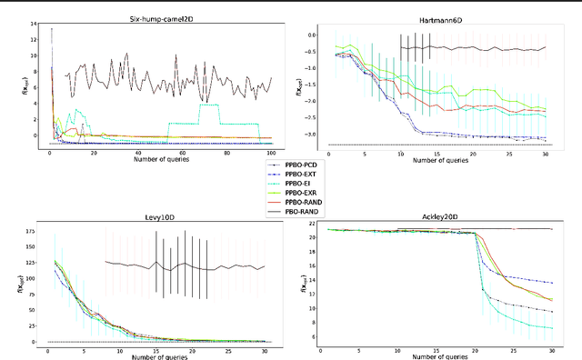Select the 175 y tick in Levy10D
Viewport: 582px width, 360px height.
[x=34, y=233]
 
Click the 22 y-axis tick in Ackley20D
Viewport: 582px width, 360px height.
[x=312, y=224]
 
